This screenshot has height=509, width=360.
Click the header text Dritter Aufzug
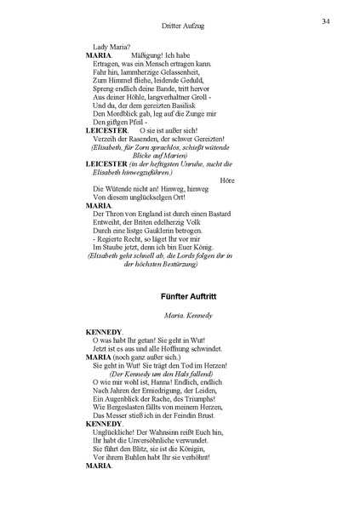(x=181, y=26)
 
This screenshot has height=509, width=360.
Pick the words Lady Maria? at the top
(x=111, y=46)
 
